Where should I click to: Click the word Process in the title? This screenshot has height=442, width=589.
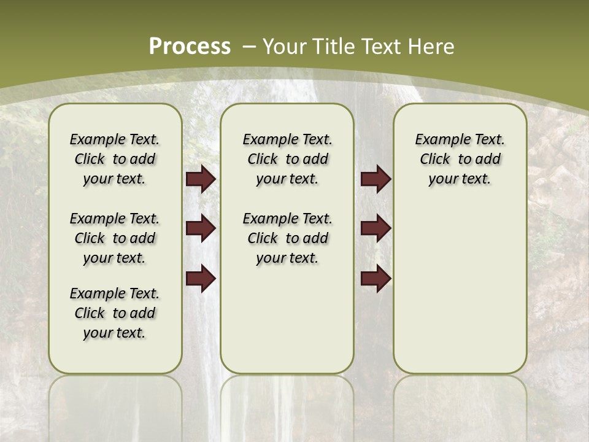[x=190, y=47]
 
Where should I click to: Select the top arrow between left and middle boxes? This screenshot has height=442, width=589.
[x=201, y=179]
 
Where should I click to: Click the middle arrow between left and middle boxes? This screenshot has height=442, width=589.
[x=201, y=229]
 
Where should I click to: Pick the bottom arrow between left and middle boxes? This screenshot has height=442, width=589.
[x=201, y=279]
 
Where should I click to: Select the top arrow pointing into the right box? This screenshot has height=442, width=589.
[x=375, y=179]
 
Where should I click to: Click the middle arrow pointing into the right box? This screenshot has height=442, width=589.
[x=375, y=229]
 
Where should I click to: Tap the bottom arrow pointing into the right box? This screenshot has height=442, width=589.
[x=375, y=279]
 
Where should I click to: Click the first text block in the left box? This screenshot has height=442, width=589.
[x=115, y=160]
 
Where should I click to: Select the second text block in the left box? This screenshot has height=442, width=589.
[x=115, y=238]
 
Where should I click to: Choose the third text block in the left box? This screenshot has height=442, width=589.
[x=115, y=313]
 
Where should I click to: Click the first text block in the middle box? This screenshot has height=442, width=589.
[x=287, y=160]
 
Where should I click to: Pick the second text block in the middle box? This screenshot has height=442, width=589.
[x=287, y=238]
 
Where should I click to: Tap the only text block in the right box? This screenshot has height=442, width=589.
[x=460, y=160]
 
